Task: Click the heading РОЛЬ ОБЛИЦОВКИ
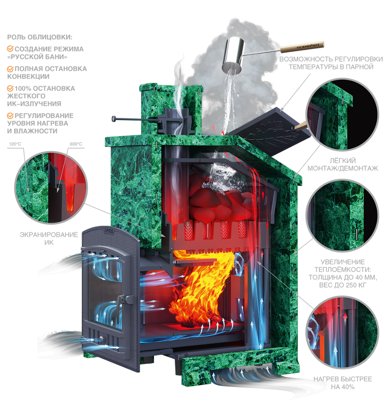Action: (40, 37)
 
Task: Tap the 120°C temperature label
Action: (15, 144)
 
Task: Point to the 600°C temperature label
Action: (76, 144)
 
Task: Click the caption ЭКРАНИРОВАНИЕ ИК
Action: (49, 238)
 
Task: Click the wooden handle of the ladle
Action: (302, 47)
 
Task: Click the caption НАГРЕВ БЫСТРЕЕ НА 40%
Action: (342, 383)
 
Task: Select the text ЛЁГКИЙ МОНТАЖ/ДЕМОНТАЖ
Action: (342, 164)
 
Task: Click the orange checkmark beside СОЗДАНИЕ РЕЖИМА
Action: (10, 49)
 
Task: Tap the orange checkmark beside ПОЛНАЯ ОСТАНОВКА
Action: (10, 69)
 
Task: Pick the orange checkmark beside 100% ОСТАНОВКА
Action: (10, 88)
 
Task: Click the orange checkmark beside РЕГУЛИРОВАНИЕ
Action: (10, 116)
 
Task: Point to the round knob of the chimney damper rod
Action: (114, 118)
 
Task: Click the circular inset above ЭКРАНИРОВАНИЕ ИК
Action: (51, 188)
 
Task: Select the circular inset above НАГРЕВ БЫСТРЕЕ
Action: (342, 332)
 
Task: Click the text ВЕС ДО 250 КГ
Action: (342, 285)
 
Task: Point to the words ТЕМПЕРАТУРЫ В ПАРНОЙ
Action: (331, 67)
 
